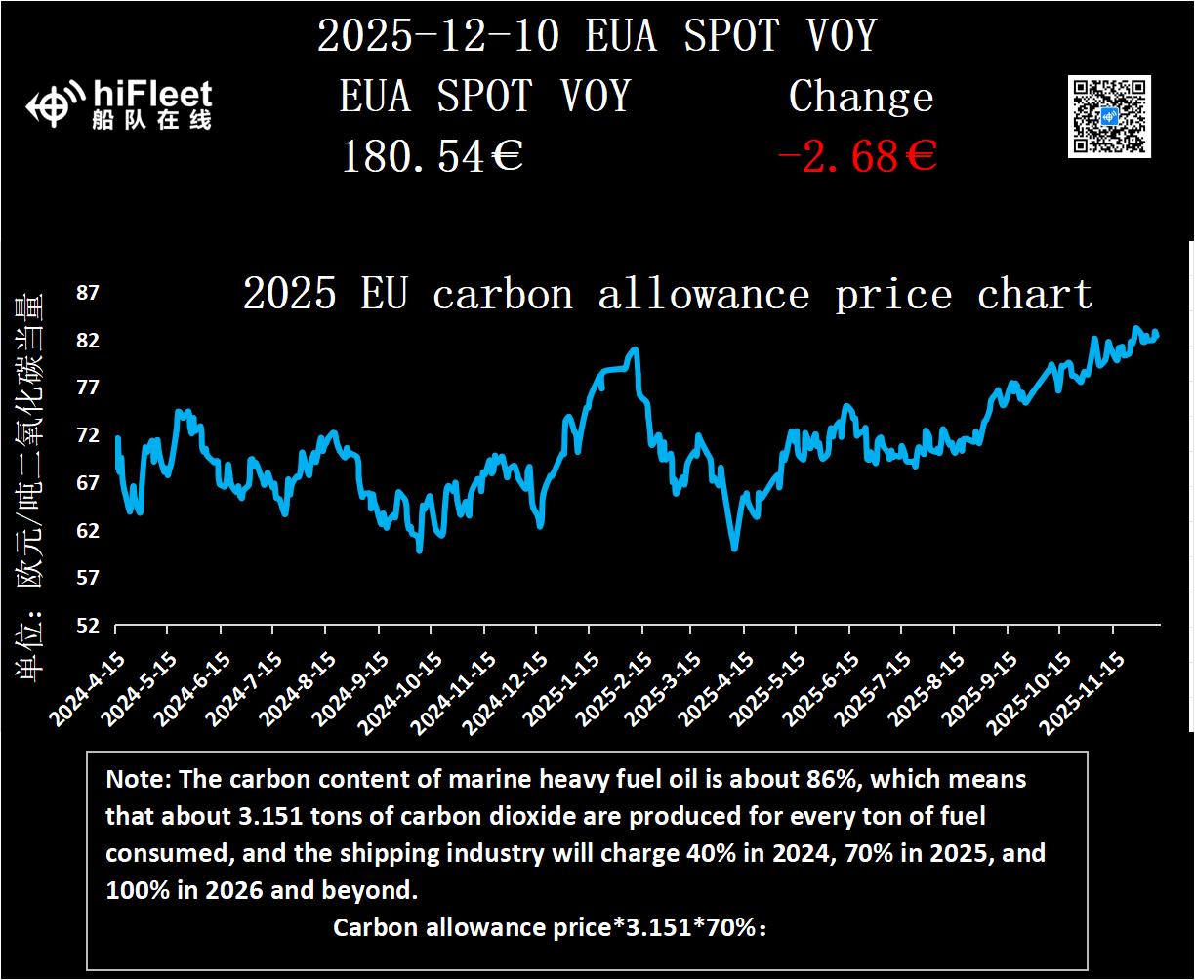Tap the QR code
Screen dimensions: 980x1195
1109,116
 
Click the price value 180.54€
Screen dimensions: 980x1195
432,156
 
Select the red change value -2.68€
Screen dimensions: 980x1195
856,156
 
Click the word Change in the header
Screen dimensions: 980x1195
860,97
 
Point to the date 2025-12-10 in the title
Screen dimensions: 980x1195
438,37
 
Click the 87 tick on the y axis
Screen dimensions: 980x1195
88,294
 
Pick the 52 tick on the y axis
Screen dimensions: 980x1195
88,626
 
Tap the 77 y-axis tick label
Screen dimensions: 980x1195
88,388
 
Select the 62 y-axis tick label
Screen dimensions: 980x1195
88,531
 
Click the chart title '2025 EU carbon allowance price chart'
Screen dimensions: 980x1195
668,294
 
